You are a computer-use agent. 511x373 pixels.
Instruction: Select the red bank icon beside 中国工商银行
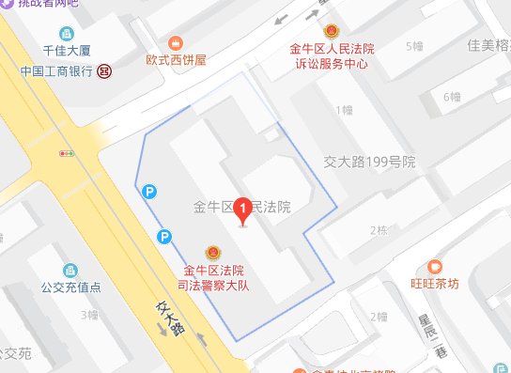[x=107, y=70]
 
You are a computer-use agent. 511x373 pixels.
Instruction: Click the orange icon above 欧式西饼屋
[x=174, y=42]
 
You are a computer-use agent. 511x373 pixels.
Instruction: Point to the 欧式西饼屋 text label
[x=175, y=59]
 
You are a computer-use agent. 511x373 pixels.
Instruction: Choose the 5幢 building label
[x=412, y=46]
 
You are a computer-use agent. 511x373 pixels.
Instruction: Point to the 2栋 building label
[x=379, y=230]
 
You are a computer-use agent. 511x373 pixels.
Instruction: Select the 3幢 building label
[x=90, y=314]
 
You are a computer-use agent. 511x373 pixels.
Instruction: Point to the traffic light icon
[x=66, y=151]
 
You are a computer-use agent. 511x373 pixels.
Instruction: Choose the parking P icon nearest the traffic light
[x=147, y=192]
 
